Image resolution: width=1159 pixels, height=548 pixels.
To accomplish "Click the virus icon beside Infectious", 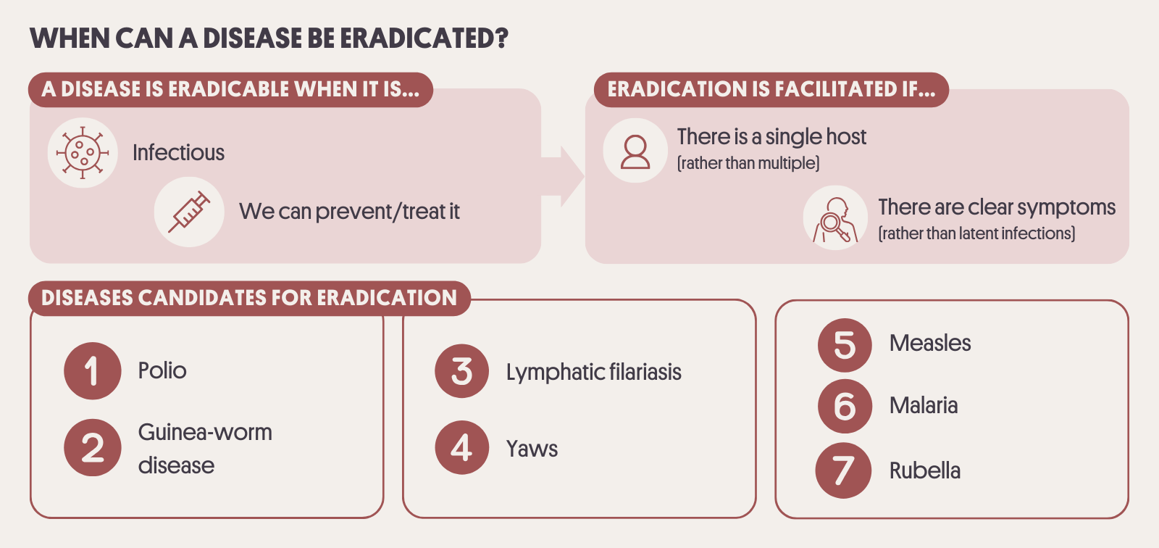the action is (x=83, y=153).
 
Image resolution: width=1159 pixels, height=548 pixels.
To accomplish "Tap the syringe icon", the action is (x=189, y=212).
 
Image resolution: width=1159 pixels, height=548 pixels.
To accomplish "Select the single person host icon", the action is (x=635, y=151).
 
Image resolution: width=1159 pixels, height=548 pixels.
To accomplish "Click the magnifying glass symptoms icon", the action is (x=835, y=220).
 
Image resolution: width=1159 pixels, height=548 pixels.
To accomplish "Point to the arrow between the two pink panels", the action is (x=563, y=176).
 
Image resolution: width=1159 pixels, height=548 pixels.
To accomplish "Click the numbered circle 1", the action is (x=93, y=371).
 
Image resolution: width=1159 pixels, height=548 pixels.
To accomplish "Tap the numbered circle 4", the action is (x=462, y=447).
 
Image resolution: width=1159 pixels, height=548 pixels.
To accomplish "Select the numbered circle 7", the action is (x=843, y=470).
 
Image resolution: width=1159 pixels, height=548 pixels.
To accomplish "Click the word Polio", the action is (x=162, y=371).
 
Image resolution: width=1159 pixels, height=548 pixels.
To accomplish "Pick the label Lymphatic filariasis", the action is (x=593, y=373).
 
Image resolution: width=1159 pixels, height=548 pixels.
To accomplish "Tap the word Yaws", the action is (x=532, y=449).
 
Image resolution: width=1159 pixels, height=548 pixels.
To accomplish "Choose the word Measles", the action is (x=930, y=343).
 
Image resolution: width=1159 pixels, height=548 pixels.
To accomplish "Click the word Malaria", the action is (x=924, y=405).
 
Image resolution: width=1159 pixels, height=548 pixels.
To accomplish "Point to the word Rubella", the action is (x=924, y=471).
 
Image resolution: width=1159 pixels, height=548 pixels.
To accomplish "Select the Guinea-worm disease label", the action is (x=205, y=449).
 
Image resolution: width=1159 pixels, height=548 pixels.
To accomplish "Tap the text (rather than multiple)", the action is (x=748, y=163).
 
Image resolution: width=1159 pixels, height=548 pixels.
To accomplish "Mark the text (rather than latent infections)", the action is (x=976, y=233).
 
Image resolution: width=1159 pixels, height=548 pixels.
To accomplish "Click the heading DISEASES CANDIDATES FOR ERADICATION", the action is (x=249, y=299).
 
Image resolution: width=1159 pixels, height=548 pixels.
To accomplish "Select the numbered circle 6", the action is (x=845, y=406).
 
